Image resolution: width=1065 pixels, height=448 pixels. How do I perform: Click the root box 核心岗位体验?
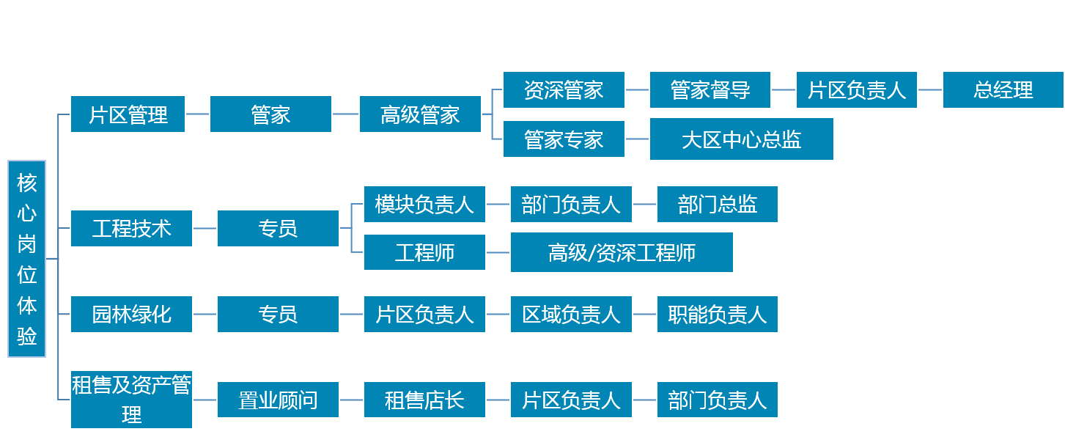(26, 259)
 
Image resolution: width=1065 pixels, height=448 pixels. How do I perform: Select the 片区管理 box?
(128, 114)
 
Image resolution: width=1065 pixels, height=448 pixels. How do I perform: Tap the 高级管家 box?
(420, 114)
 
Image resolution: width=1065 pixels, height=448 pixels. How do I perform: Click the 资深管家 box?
(564, 89)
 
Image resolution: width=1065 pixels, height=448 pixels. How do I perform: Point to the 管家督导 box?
(710, 89)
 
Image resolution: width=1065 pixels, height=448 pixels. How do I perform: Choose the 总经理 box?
(1003, 89)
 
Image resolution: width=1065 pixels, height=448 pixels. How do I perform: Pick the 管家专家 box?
(564, 139)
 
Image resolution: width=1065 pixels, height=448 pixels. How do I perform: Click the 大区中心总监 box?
(741, 139)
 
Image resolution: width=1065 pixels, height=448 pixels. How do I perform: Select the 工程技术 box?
(131, 228)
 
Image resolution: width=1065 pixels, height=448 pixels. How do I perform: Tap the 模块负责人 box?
(424, 204)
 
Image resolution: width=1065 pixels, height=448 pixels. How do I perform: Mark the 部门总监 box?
(717, 204)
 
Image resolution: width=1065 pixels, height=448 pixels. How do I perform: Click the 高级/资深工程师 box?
(622, 252)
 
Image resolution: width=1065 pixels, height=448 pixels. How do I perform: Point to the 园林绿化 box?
(131, 314)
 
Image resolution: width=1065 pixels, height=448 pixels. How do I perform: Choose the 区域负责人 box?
(571, 314)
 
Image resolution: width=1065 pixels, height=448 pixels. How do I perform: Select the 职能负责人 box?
(717, 314)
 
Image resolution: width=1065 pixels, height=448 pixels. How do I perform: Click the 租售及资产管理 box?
(131, 400)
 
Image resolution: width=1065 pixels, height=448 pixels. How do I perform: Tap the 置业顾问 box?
(278, 400)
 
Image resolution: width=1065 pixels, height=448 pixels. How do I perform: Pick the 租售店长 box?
(424, 400)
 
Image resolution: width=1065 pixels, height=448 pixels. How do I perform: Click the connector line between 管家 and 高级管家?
(345, 114)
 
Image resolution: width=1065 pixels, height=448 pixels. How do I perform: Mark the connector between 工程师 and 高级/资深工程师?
(498, 252)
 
